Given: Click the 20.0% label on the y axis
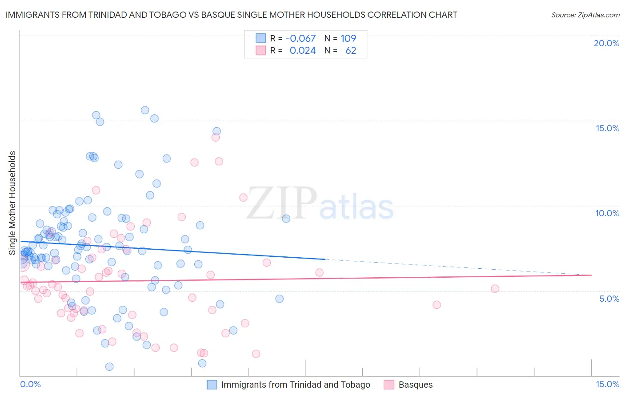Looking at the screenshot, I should tap(606, 43).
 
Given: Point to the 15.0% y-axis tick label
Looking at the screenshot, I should tap(607, 128).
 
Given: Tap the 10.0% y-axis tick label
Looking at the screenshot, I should tap(607, 213).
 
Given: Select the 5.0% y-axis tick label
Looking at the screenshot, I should tap(609, 299).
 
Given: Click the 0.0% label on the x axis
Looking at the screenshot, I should tap(30, 385).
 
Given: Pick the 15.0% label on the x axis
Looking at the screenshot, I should tap(607, 385).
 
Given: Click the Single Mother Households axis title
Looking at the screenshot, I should tap(12, 203).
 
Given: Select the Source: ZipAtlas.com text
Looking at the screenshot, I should tap(585, 15).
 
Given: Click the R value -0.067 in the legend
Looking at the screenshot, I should tap(300, 38).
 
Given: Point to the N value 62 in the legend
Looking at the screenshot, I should tap(351, 51).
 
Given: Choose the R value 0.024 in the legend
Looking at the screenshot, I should tap(302, 51).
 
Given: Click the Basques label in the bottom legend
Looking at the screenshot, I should tap(415, 385).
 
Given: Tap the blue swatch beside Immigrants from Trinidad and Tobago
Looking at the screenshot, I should tap(212, 385).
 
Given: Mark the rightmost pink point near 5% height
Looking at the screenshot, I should tap(495, 289).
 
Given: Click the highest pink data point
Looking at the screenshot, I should tap(216, 137).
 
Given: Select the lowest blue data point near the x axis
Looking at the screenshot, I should tap(109, 367).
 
